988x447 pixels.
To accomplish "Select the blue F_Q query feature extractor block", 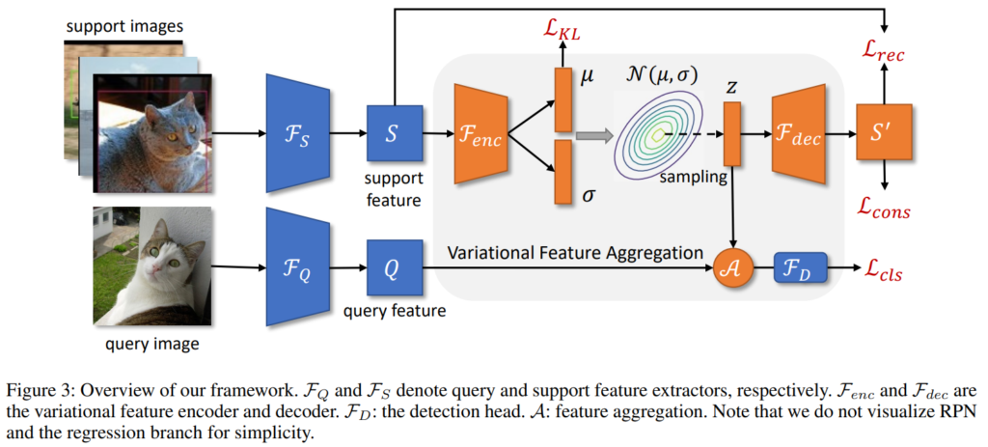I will click(x=298, y=265).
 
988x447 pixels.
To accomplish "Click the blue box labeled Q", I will click(x=391, y=265).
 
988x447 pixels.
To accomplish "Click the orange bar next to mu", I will click(x=563, y=97).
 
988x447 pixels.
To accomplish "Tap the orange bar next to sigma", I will click(x=563, y=172).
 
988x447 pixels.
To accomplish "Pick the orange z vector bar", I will click(x=731, y=134).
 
